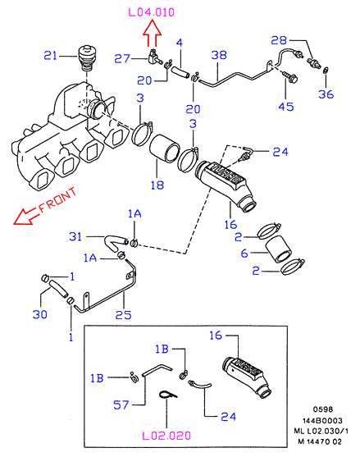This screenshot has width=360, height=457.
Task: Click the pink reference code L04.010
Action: [152, 12]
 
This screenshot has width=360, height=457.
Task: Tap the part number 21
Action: [50, 55]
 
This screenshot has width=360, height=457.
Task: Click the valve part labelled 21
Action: [86, 57]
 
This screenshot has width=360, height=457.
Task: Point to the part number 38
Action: [219, 55]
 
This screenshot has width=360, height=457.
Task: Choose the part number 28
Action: [279, 40]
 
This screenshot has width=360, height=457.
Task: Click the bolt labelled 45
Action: [290, 76]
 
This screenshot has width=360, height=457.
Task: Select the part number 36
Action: [326, 94]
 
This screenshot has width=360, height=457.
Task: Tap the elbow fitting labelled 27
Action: [153, 57]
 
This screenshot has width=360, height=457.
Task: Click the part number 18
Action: [157, 185]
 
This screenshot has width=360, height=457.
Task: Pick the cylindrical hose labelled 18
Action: [165, 148]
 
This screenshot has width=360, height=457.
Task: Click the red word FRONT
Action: [57, 200]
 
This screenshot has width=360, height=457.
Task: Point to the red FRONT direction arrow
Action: [26, 217]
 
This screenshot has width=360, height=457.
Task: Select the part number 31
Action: [75, 236]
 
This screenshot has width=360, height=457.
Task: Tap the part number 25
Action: [123, 315]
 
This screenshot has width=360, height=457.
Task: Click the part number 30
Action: [40, 314]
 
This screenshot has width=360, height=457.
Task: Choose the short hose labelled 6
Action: [279, 249]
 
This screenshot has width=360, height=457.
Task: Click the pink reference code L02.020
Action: [166, 436]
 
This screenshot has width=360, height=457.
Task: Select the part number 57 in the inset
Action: [121, 404]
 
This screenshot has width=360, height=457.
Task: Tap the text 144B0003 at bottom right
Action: [322, 421]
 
